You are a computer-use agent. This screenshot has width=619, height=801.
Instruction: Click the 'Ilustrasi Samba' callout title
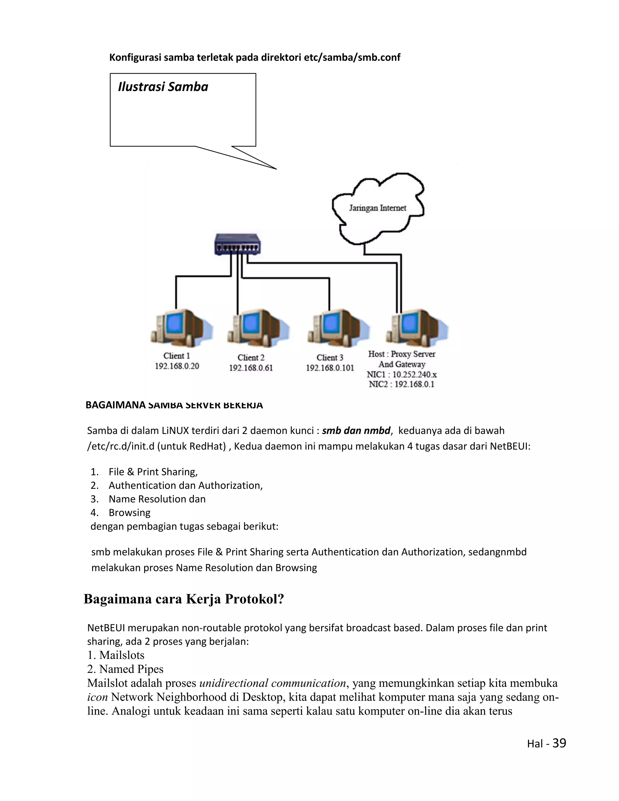[163, 87]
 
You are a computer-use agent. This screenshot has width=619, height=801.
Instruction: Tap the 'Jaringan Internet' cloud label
[377, 208]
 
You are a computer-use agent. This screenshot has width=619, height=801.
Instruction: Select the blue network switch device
[238, 244]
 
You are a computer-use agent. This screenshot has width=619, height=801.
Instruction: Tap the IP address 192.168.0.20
[177, 366]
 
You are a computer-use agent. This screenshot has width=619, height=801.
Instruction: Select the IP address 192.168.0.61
[251, 368]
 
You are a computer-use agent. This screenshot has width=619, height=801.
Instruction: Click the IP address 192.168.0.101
[330, 368]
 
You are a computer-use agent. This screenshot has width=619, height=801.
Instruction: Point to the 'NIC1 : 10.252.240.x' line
[402, 375]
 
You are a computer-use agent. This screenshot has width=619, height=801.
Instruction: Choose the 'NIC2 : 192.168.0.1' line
[401, 384]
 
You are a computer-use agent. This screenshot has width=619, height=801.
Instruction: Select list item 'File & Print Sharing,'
[153, 472]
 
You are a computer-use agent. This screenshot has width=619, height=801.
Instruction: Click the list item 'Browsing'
[129, 512]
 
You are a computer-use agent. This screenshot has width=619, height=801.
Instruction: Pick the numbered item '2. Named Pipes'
[125, 669]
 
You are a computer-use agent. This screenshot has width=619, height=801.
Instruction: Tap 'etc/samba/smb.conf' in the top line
[352, 57]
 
